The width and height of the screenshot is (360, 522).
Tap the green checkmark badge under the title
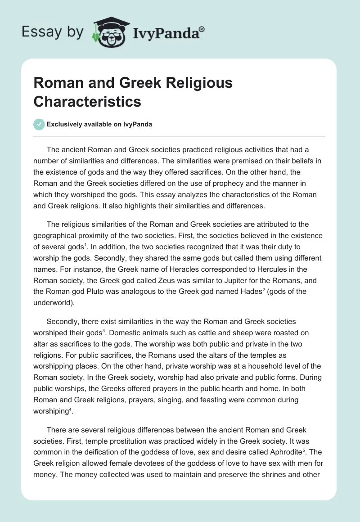tap(39, 124)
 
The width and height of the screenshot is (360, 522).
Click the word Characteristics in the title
tap(87, 101)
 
